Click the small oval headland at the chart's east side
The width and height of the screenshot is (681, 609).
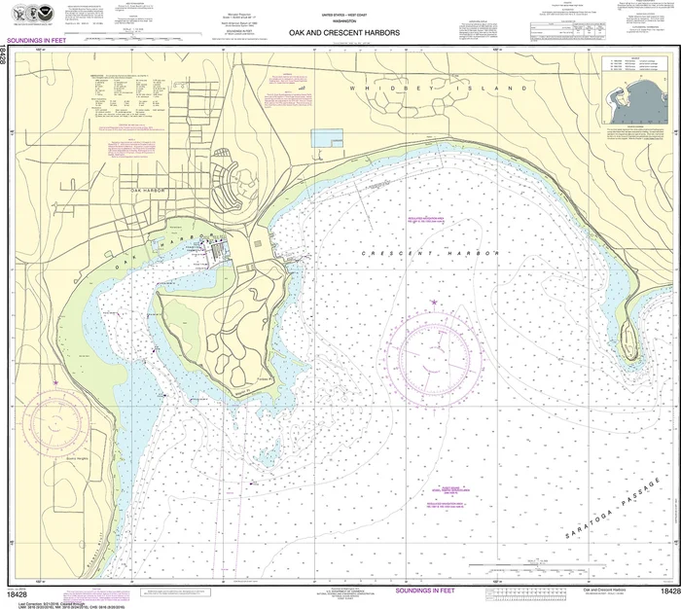click(x=628, y=337)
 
